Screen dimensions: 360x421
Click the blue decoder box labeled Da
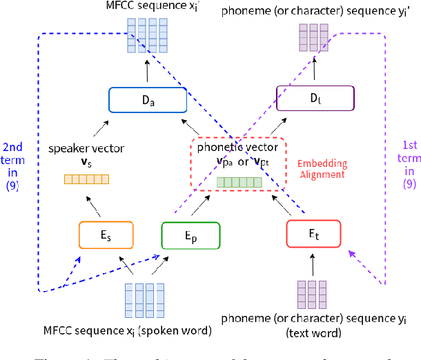point(148,100)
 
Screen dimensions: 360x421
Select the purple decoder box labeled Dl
point(315,98)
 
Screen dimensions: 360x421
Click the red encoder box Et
point(313,234)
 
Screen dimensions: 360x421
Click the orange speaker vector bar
point(87,180)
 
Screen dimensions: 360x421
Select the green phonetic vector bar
point(239,182)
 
